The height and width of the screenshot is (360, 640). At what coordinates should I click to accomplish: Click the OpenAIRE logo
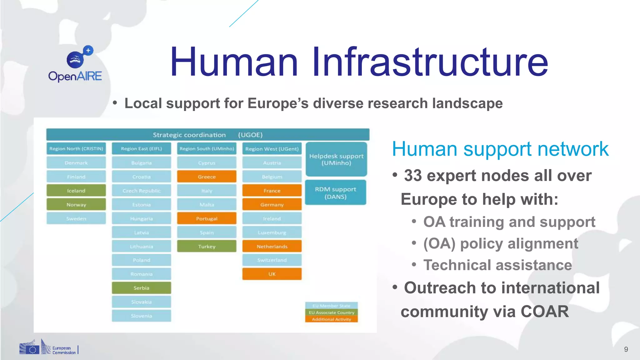pyautogui.click(x=75, y=64)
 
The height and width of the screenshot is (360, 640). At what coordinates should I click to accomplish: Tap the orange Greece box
pyautogui.click(x=207, y=177)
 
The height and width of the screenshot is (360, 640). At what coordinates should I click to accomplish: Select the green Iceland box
pyautogui.click(x=76, y=191)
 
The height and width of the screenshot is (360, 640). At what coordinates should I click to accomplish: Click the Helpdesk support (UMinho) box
pyautogui.click(x=336, y=159)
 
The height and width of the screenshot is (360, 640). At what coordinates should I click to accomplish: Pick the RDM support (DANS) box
pyautogui.click(x=335, y=193)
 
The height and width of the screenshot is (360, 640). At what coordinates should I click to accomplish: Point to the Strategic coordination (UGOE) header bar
pyautogui.click(x=208, y=135)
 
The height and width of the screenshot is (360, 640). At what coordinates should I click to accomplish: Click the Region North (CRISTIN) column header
pyautogui.click(x=76, y=149)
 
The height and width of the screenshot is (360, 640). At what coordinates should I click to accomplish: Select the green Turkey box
pyautogui.click(x=207, y=246)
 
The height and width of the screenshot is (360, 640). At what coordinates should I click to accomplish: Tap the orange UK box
pyautogui.click(x=272, y=274)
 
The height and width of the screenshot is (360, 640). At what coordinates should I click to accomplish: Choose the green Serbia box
pyautogui.click(x=141, y=288)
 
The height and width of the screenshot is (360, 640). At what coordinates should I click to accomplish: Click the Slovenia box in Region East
pyautogui.click(x=141, y=316)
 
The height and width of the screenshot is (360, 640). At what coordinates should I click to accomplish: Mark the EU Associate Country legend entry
pyautogui.click(x=331, y=312)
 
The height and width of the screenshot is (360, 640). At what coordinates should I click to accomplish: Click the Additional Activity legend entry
pyautogui.click(x=331, y=319)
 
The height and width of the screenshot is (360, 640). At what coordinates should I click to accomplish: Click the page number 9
pyautogui.click(x=626, y=349)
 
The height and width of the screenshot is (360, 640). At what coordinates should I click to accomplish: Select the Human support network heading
pyautogui.click(x=500, y=149)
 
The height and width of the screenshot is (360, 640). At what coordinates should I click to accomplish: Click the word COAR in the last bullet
pyautogui.click(x=544, y=312)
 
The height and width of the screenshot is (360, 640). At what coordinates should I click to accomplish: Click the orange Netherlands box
pyautogui.click(x=272, y=246)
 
